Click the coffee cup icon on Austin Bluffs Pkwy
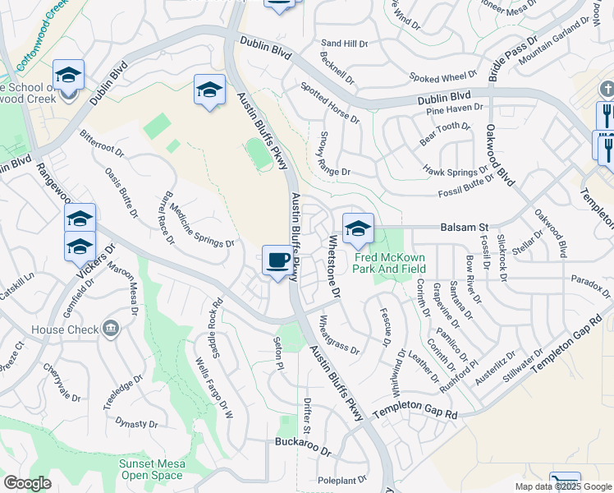tap(277, 261)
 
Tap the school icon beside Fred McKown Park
tap(358, 229)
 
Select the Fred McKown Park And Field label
tap(390, 262)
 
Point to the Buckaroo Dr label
tap(302, 452)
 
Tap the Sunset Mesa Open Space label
tap(152, 469)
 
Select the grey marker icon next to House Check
tap(112, 329)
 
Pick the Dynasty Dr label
tap(135, 423)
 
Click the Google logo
tap(27, 483)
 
